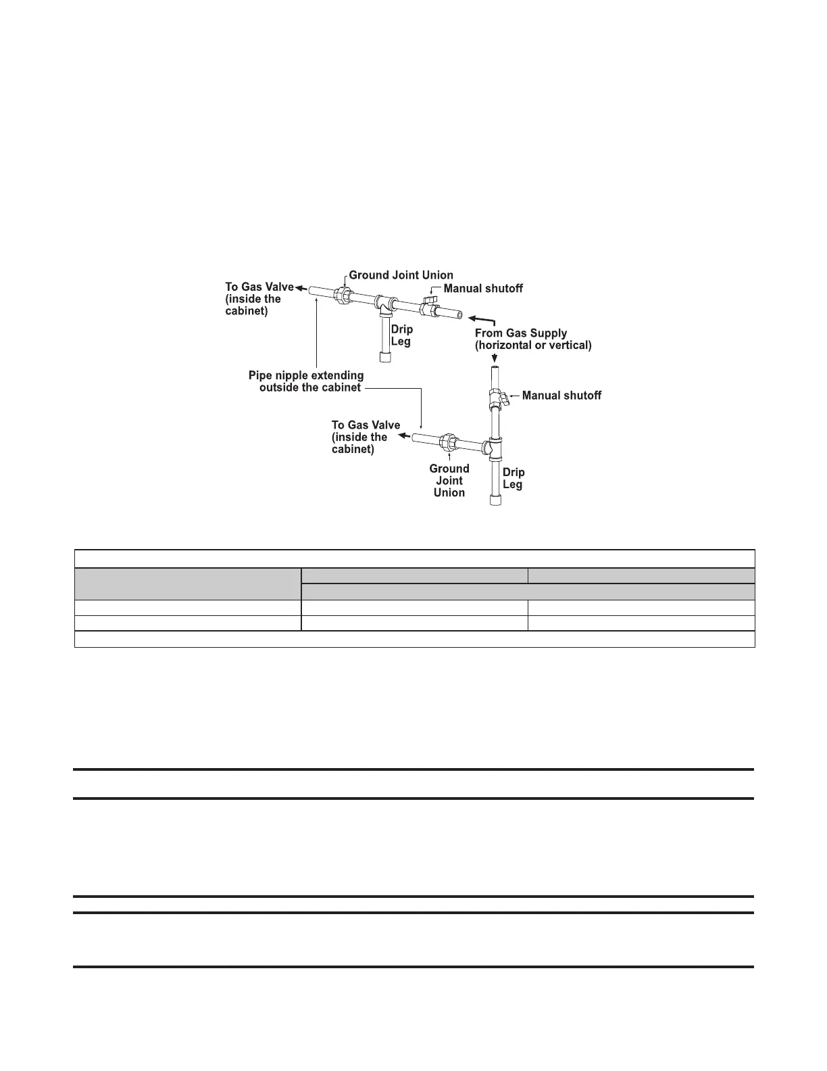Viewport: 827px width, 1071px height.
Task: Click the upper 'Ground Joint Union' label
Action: [x=401, y=275]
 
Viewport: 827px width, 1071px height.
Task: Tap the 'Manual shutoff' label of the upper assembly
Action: [x=483, y=289]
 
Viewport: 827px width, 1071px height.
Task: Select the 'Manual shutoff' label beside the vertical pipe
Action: [x=561, y=396]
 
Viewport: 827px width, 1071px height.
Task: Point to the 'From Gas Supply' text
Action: [x=521, y=333]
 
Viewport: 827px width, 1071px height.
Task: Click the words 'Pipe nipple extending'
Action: [x=306, y=375]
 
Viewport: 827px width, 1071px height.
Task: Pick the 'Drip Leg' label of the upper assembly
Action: [x=401, y=335]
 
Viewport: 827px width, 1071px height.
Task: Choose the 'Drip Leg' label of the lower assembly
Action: [x=513, y=478]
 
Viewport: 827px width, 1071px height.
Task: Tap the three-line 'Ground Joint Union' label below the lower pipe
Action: [x=449, y=481]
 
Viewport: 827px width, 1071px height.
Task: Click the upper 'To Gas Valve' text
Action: [x=259, y=287]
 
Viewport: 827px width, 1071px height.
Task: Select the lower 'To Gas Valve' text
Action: [x=366, y=425]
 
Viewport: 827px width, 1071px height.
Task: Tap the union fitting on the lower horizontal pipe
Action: [x=447, y=444]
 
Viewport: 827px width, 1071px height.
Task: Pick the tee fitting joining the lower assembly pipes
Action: [x=494, y=448]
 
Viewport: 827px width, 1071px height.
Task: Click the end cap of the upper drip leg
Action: [x=386, y=356]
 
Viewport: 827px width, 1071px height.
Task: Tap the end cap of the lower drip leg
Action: [x=495, y=500]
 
